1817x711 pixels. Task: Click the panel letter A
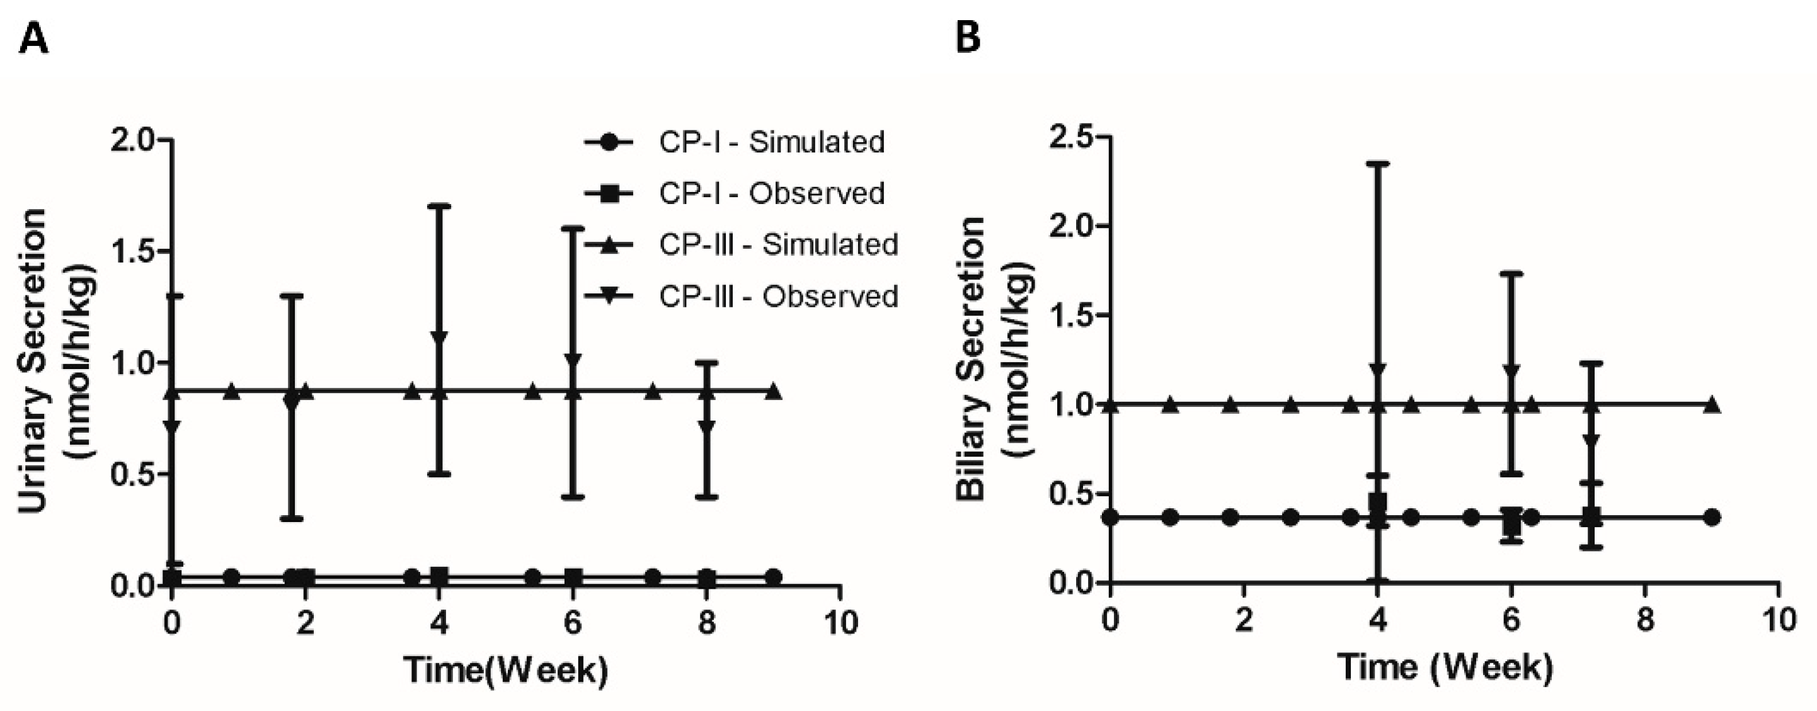click(33, 39)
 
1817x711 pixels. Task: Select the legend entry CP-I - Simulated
click(771, 142)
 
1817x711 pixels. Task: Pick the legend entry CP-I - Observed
click(771, 193)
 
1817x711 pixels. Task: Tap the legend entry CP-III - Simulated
click(778, 245)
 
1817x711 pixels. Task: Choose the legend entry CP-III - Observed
click(778, 296)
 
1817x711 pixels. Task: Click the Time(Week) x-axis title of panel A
click(505, 669)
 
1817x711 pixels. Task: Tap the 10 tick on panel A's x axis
click(839, 622)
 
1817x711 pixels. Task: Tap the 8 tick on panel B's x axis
click(1645, 621)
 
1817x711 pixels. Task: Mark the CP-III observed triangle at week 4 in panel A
click(438, 339)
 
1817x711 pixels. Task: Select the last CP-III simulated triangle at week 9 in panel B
click(1711, 405)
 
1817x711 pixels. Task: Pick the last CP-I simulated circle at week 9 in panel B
click(1711, 517)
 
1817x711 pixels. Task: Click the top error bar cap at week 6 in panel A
click(573, 229)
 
